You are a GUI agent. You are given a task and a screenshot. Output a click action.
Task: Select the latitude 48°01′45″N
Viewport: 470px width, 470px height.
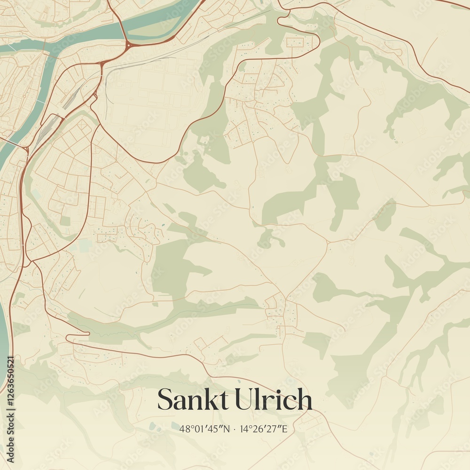204,429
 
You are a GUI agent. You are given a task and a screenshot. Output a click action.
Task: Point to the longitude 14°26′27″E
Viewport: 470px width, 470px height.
263,429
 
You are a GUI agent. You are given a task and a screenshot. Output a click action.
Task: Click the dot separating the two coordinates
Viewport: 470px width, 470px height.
235,429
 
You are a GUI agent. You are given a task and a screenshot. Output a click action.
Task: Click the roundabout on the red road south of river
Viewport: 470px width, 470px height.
127,45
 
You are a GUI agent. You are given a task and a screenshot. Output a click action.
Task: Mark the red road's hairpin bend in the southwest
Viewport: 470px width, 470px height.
68,337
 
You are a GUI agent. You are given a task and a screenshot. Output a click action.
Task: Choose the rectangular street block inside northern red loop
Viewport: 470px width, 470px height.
295,43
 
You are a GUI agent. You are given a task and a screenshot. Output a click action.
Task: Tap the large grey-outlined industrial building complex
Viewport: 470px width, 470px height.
150,103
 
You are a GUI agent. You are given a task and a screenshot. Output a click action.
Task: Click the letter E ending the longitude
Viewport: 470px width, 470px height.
284,429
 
